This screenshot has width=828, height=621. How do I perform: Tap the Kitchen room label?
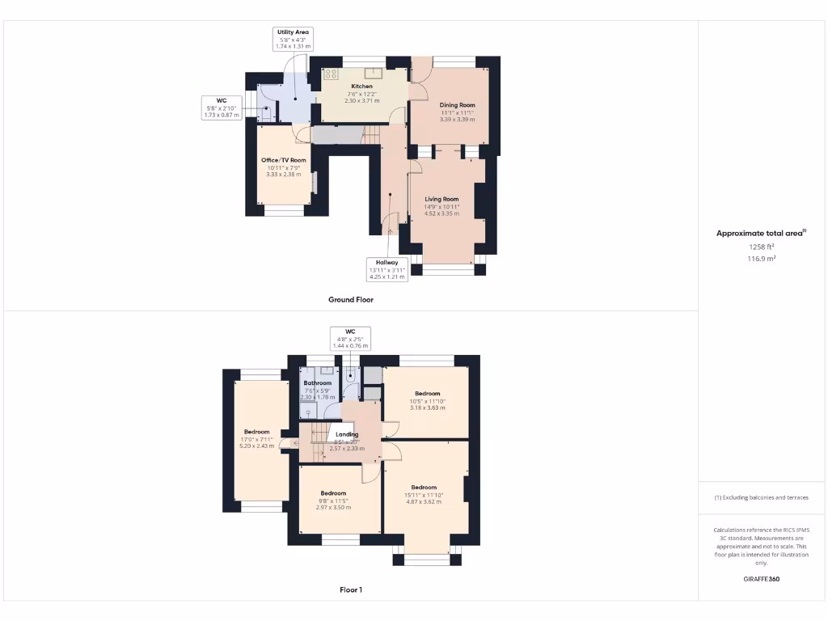click(x=361, y=93)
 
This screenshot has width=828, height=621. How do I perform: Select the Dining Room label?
click(x=457, y=112)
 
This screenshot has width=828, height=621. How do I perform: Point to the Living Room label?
click(x=441, y=205)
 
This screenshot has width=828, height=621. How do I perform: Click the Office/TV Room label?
click(x=283, y=167)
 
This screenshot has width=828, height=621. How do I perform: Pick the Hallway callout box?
click(x=387, y=268)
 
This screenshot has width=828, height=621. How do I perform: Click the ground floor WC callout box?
click(x=221, y=108)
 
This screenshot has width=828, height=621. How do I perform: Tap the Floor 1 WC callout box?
click(x=350, y=338)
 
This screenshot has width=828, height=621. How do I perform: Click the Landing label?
click(x=347, y=441)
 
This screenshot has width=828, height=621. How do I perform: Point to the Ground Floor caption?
click(x=350, y=299)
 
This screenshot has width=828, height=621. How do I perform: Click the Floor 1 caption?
click(x=350, y=589)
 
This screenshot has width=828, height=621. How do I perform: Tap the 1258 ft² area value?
click(x=761, y=247)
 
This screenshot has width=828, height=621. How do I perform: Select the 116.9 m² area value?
click(x=761, y=259)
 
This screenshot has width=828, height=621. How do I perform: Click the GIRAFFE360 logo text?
click(x=762, y=579)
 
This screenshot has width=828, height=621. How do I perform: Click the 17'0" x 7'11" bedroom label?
click(x=256, y=438)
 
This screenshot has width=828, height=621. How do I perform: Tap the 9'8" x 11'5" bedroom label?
click(x=333, y=499)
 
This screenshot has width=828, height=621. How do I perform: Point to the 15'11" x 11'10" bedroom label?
click(x=423, y=494)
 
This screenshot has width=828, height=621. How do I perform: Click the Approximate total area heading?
click(x=761, y=233)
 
